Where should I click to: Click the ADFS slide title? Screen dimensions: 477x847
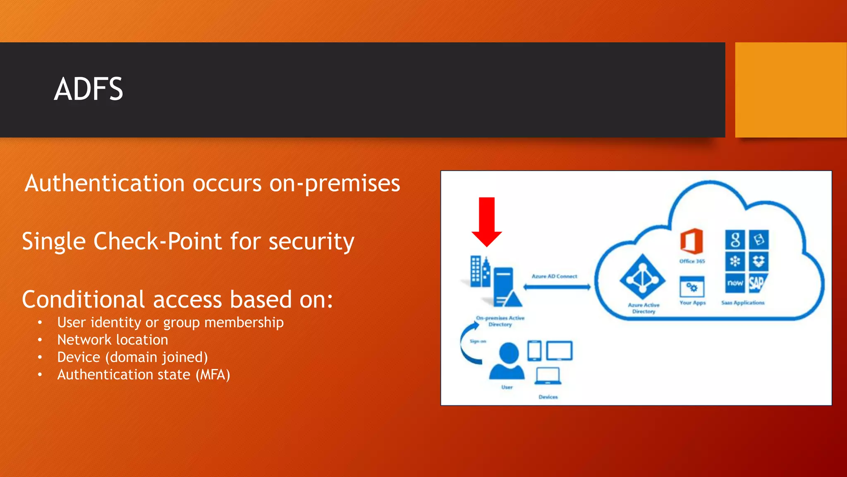88,89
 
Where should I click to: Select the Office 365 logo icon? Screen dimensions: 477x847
691,241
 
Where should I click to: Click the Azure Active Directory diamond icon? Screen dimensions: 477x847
642,277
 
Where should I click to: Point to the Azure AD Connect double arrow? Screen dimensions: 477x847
557,287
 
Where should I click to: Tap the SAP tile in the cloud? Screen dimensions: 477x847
758,283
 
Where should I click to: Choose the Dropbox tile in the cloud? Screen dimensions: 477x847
758,261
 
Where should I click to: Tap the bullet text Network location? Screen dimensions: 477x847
112,340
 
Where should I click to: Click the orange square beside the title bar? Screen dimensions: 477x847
791,89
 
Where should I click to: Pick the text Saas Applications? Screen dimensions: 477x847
743,303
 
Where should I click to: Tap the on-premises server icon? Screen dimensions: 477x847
504,287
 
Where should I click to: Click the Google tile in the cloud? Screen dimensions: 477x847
735,239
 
